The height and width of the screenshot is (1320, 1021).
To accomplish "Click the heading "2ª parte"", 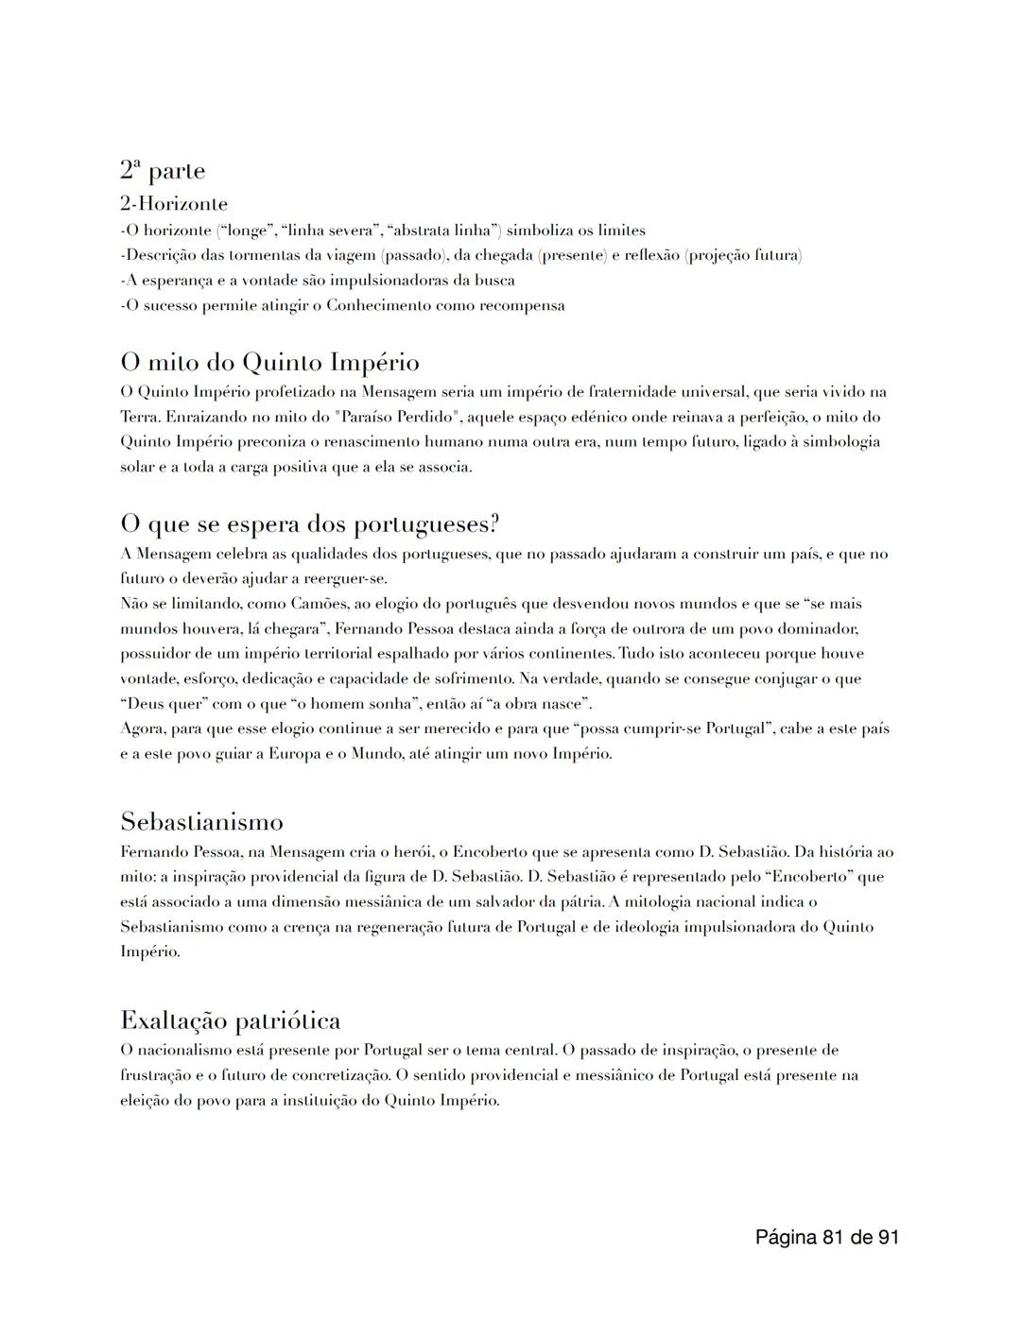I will [x=162, y=171].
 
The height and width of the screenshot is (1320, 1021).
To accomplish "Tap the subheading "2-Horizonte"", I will [x=173, y=203].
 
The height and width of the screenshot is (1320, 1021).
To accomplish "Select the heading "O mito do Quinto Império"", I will [x=269, y=363].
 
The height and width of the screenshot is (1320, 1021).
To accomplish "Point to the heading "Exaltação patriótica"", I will [x=230, y=1020].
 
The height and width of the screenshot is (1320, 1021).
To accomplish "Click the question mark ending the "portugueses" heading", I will [x=493, y=524].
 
